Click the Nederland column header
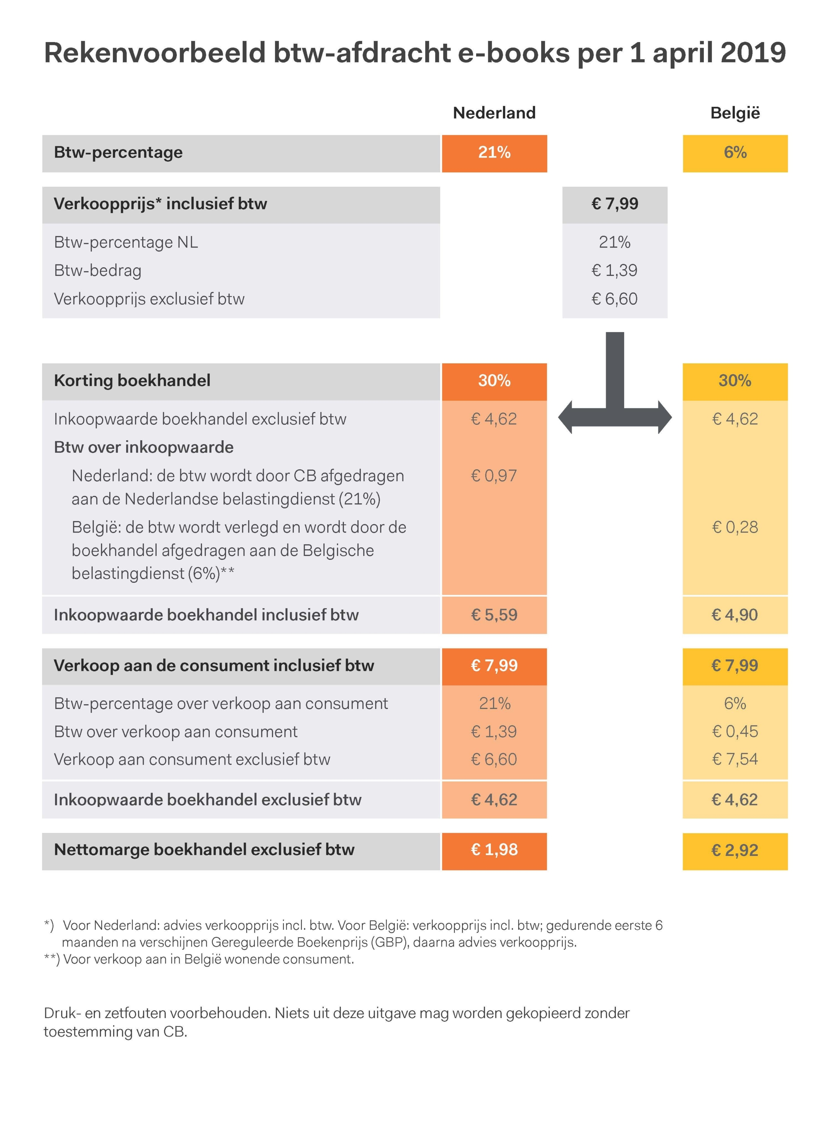point(494,112)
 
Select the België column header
point(734,112)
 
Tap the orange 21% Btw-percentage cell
point(494,153)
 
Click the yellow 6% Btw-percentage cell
point(734,153)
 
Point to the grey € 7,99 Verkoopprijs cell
point(614,204)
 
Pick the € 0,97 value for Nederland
point(494,475)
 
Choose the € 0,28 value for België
point(734,527)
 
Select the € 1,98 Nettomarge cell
point(494,850)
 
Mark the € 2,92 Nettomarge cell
point(734,850)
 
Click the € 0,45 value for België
point(734,732)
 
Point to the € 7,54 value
point(734,759)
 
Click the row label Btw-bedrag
point(97,270)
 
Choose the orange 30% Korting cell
point(494,381)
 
